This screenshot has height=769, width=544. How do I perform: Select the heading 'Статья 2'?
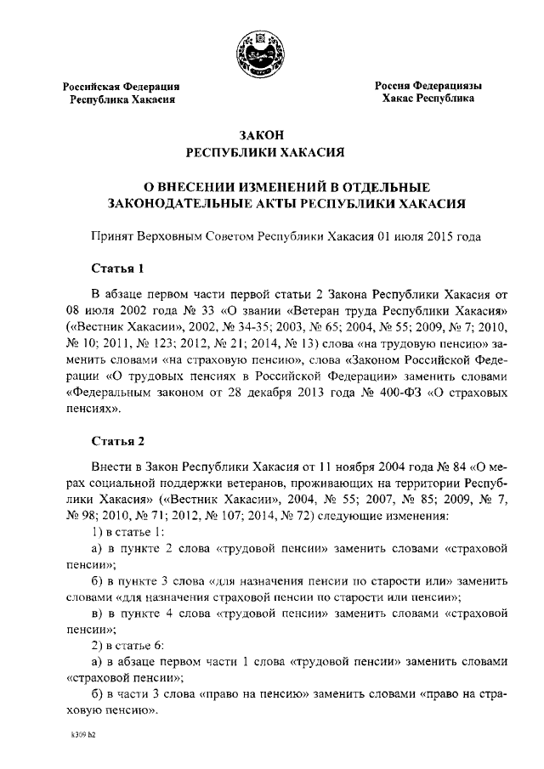click(117, 441)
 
